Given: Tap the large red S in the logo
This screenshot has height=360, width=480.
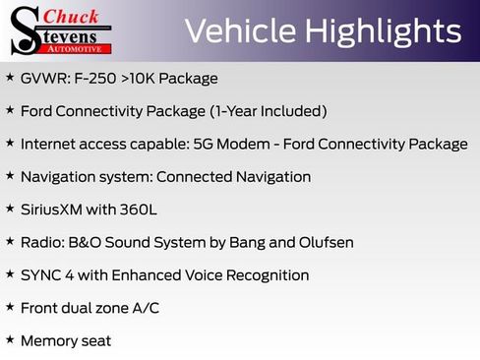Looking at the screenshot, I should (x=24, y=30).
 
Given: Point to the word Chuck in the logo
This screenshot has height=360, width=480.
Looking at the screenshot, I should (x=73, y=17).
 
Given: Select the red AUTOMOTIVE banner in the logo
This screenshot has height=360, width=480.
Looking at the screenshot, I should (x=82, y=47).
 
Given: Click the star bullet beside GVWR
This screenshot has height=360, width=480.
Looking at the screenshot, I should (x=10, y=78).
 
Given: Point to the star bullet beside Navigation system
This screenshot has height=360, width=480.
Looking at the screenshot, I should (x=10, y=176).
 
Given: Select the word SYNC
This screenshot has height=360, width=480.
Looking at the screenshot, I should (x=41, y=275).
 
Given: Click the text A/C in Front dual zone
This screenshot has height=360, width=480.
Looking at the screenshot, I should (x=146, y=308).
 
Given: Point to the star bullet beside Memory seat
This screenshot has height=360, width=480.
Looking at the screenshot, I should (x=10, y=340).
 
